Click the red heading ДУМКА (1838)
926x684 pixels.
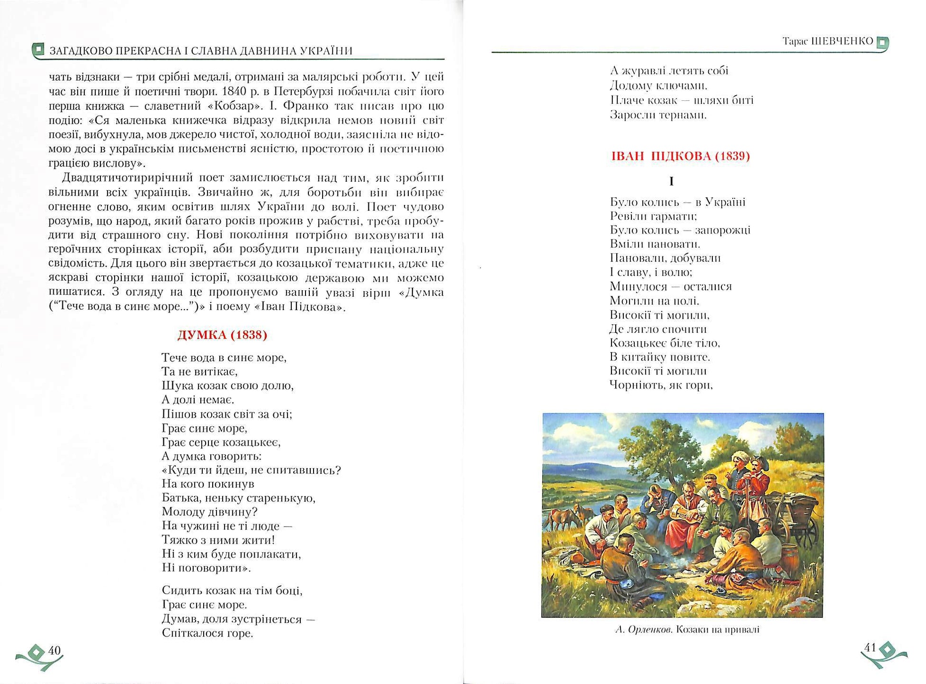(222, 335)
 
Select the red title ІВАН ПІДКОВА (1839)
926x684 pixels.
(680, 156)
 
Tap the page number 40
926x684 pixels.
(55, 650)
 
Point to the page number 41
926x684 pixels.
(869, 647)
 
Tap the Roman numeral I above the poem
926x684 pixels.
(671, 181)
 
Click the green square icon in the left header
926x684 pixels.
(38, 49)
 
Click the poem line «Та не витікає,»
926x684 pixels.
(199, 371)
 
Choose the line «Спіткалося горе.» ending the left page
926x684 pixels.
(207, 633)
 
